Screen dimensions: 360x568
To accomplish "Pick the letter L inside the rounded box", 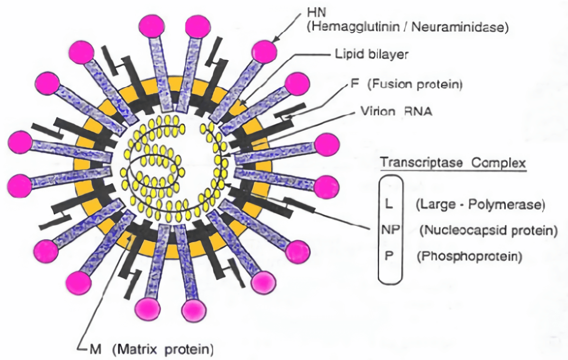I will [390, 205].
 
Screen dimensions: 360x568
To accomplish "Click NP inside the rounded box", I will [390, 231].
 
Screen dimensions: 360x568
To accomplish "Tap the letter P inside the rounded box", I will [390, 256].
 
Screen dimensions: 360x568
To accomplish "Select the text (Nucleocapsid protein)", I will [487, 231].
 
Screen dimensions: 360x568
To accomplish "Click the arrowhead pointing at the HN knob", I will [275, 40].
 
